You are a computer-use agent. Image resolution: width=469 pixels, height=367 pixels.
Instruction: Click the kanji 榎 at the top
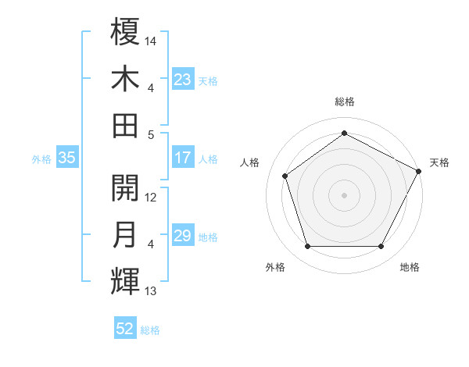126,32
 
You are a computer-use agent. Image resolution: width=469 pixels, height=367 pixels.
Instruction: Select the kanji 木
126,79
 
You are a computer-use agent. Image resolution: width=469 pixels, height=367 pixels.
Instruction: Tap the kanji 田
126,125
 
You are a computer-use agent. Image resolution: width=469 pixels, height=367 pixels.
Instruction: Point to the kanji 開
126,188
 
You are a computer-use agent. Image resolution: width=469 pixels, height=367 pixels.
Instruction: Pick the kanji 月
126,235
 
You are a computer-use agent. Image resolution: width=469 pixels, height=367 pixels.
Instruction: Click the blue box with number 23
183,80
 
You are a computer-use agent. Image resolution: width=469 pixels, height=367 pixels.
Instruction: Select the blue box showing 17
183,159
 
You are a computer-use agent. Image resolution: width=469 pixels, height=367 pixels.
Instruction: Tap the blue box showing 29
183,237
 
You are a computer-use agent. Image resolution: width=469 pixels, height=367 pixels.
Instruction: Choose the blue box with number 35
67,159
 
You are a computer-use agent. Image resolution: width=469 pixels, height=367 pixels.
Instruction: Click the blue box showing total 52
125,329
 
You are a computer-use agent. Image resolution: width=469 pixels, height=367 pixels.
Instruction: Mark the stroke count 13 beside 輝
151,291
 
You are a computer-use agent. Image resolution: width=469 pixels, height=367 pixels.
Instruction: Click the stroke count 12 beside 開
152,197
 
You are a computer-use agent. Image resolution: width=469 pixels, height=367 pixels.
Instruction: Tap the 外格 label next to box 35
41,159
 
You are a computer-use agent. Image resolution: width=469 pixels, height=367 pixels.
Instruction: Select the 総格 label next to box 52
150,330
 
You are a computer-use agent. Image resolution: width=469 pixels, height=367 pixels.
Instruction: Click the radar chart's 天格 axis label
440,162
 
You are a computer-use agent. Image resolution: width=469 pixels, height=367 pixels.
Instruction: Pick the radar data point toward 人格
285,176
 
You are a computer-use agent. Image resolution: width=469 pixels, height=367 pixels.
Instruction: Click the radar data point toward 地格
381,247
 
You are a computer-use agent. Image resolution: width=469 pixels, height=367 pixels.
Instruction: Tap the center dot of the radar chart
344,194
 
